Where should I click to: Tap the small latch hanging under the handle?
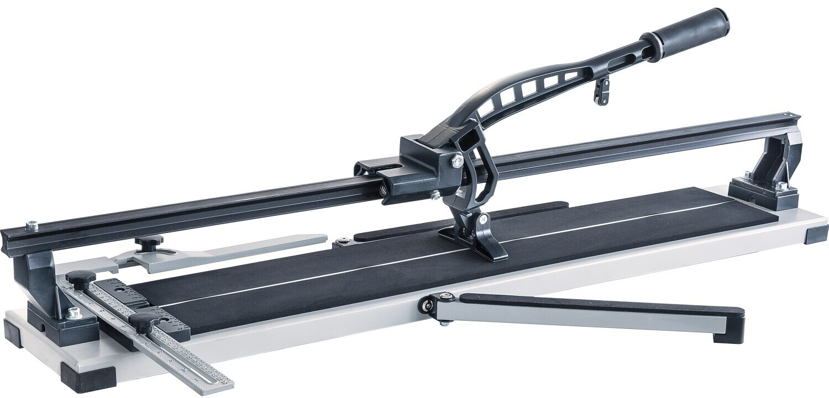tap(602, 91)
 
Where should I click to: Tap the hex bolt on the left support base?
tap(73, 312)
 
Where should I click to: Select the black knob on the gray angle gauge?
tap(150, 241)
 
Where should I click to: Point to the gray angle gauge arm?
tap(249, 248)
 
